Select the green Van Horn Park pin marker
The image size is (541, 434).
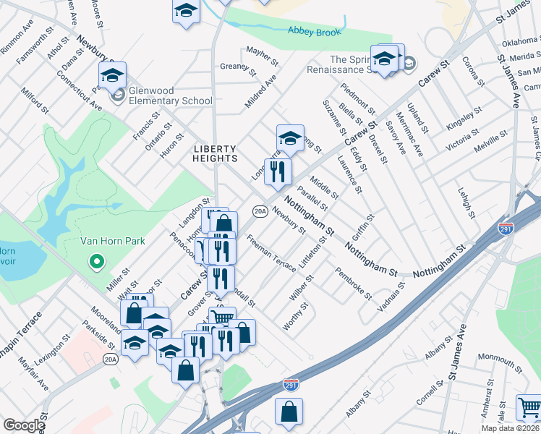[94, 261]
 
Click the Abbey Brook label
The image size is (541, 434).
[314, 30]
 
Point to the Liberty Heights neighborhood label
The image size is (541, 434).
[216, 153]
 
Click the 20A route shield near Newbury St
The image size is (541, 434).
[260, 211]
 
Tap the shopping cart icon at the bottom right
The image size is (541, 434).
[529, 407]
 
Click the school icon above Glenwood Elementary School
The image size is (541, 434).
[113, 74]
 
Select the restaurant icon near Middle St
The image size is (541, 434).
[277, 171]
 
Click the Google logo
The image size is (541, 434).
[24, 425]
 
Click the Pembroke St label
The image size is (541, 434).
[353, 284]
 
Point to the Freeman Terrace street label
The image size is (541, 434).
[270, 252]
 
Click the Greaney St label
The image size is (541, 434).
[238, 69]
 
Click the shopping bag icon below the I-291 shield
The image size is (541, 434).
[289, 411]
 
